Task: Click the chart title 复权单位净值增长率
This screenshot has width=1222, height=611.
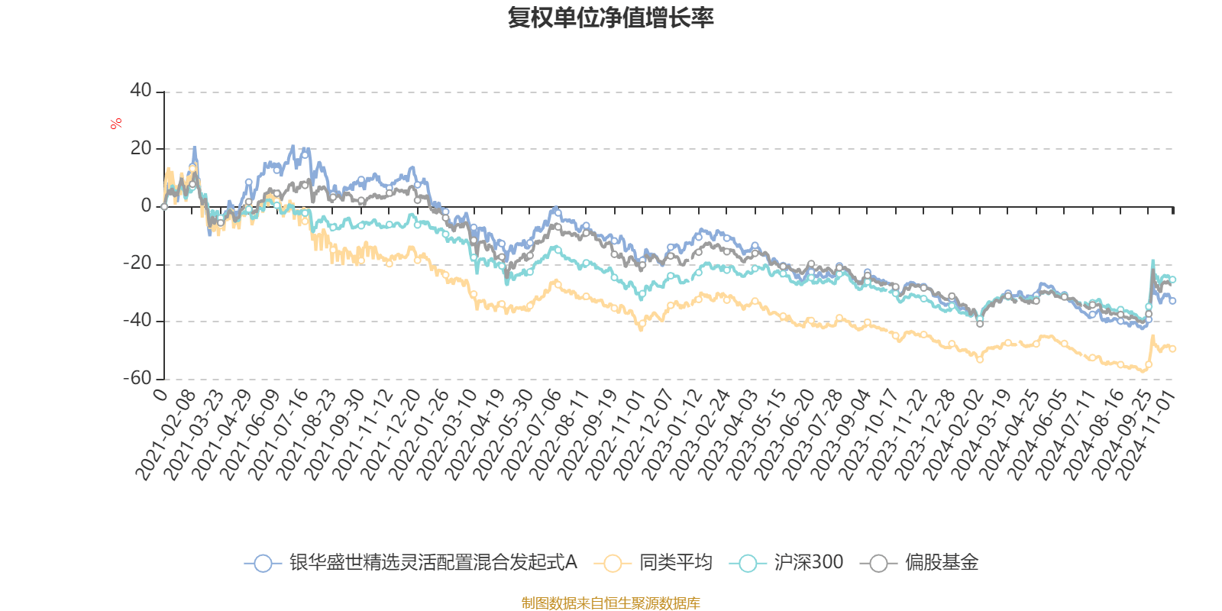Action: pyautogui.click(x=610, y=18)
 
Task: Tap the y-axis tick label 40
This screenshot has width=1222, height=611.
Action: pyautogui.click(x=141, y=91)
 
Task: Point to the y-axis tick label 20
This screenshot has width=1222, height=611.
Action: pyautogui.click(x=141, y=148)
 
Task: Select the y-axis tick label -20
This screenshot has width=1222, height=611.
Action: pyautogui.click(x=137, y=263)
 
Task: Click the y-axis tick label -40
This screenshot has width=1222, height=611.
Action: pyautogui.click(x=137, y=321)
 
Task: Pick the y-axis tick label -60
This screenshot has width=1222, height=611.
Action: pyautogui.click(x=137, y=378)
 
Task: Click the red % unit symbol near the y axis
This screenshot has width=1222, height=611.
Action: pyautogui.click(x=116, y=124)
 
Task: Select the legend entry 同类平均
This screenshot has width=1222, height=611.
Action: pyautogui.click(x=675, y=563)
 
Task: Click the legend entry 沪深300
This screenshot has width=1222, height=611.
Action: pyautogui.click(x=808, y=563)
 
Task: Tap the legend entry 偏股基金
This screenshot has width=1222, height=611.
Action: pyautogui.click(x=941, y=563)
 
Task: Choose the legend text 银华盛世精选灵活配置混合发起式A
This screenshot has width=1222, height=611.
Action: pyautogui.click(x=433, y=563)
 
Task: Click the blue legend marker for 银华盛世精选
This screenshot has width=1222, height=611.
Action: pyautogui.click(x=263, y=564)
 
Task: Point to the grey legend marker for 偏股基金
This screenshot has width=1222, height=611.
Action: pyautogui.click(x=879, y=564)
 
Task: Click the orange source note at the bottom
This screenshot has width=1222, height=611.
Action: pyautogui.click(x=610, y=603)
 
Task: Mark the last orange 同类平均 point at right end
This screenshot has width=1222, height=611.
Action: pyautogui.click(x=1173, y=349)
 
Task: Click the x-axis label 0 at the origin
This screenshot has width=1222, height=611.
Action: pyautogui.click(x=160, y=394)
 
